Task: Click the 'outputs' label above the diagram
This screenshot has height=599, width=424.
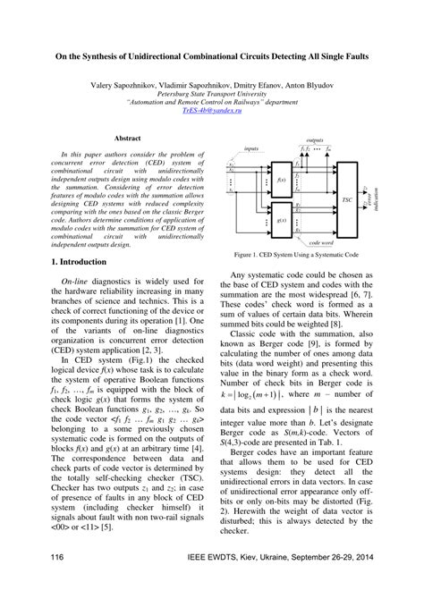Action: tap(315, 140)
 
